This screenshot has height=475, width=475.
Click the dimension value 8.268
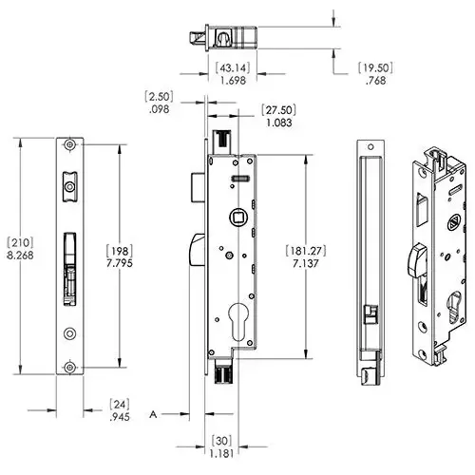[20, 256]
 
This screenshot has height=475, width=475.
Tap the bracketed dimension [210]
[20, 243]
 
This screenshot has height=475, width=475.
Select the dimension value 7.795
[120, 263]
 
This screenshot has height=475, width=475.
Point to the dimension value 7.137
[306, 263]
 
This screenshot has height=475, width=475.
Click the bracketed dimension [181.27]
[306, 251]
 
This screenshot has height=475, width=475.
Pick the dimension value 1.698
[233, 81]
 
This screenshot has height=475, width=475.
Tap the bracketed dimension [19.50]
[375, 68]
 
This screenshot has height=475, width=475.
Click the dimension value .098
[159, 109]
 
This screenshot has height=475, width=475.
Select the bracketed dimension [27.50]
[279, 110]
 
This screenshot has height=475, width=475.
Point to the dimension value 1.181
[221, 453]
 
